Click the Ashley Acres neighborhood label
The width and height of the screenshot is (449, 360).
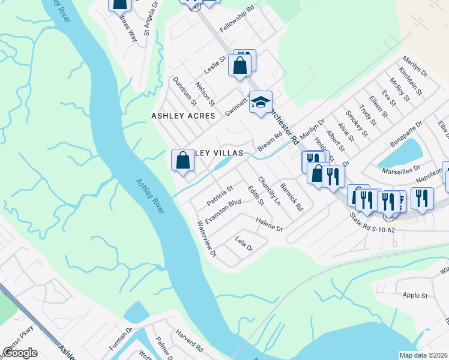tap(183, 116)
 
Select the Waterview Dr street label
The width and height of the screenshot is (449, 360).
tap(206, 239)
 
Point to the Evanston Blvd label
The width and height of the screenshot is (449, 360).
tap(223, 211)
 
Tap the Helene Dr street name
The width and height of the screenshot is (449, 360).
tap(269, 225)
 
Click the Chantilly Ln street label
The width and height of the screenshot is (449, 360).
tap(269, 191)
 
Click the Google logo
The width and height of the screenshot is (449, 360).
tap(20, 353)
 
